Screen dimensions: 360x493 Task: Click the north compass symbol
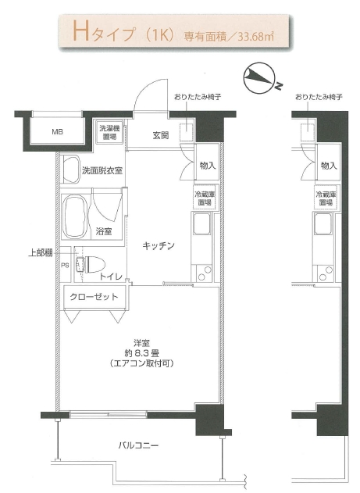click(260, 79)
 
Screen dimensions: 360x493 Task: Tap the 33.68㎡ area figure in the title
click(255, 37)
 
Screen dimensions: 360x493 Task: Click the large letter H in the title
click(81, 31)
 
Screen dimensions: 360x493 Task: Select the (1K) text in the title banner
click(160, 34)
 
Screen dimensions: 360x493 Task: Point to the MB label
click(57, 132)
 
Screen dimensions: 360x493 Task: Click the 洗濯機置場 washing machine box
click(108, 132)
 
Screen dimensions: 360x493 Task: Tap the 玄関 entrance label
click(161, 135)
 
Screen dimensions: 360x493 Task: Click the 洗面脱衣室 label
click(102, 171)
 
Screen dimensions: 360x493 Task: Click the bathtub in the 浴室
click(74, 217)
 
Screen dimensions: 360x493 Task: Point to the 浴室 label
click(104, 232)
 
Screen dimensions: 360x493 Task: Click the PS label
click(65, 266)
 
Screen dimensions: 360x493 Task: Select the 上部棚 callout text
click(41, 253)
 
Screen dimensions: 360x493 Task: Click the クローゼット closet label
click(94, 296)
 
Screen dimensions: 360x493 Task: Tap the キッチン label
click(159, 245)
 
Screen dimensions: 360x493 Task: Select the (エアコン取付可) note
click(142, 363)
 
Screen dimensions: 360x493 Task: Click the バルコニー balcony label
click(138, 445)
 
